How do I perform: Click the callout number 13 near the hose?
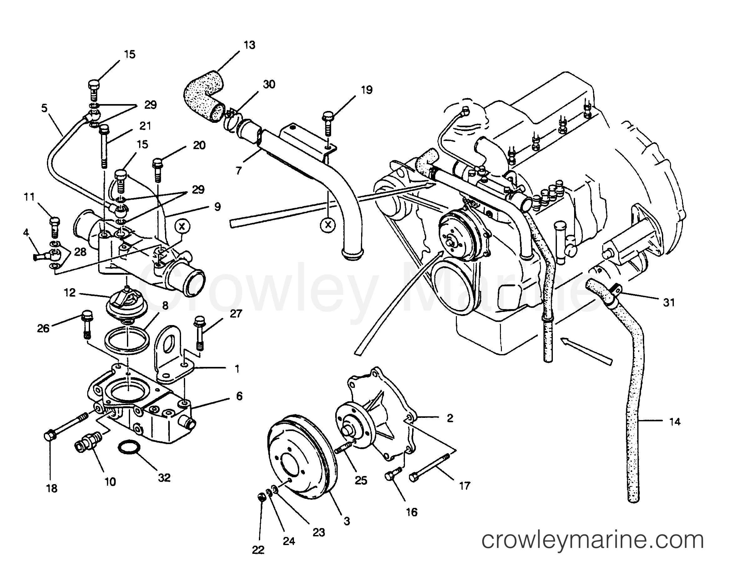pos(250,45)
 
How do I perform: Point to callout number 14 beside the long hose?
pos(675,422)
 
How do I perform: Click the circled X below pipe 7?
pos(327,224)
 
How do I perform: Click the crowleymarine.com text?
pos(593,540)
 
